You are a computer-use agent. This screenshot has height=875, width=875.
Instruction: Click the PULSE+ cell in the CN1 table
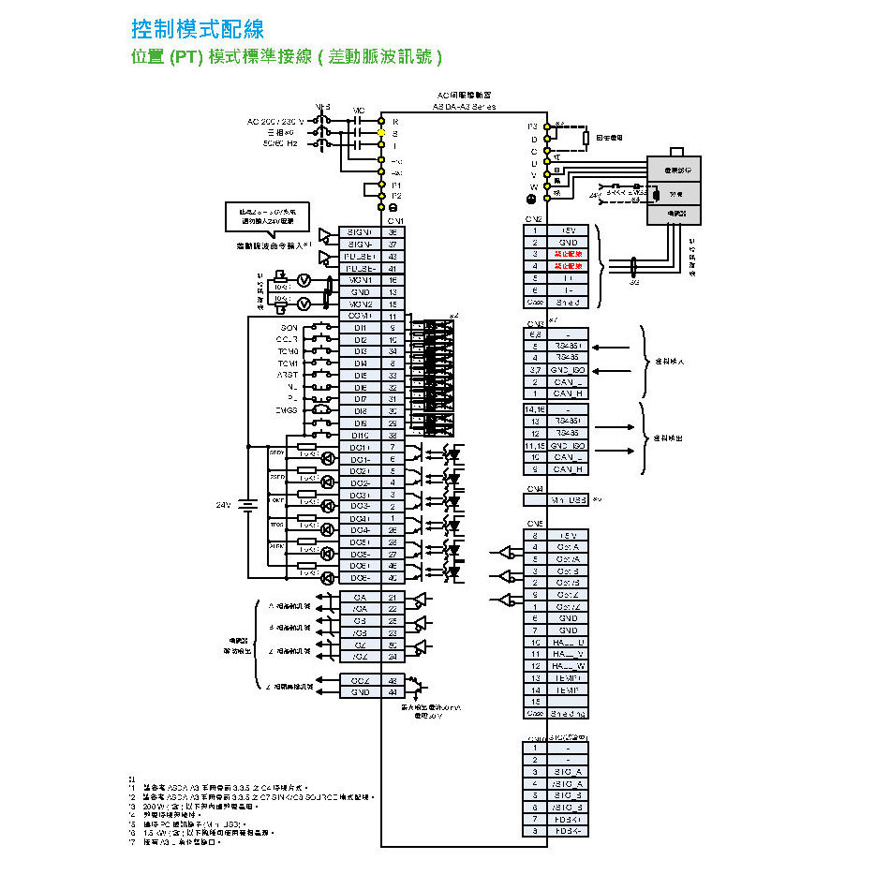(x=360, y=256)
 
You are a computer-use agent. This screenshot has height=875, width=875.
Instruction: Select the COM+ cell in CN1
(x=360, y=317)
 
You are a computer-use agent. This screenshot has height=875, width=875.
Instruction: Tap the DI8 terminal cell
(x=360, y=411)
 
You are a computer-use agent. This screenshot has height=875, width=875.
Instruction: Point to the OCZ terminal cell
(x=360, y=680)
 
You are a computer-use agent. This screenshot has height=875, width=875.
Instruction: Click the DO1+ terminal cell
(x=360, y=447)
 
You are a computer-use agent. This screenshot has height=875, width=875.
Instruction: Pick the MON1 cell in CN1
(x=360, y=280)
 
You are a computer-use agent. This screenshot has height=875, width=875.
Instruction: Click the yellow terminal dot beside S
(x=382, y=134)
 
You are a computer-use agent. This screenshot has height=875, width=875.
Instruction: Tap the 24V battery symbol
(x=247, y=505)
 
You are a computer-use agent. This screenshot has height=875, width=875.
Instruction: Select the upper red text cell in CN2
(x=568, y=254)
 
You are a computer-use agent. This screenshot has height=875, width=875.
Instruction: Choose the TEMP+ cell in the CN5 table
(x=568, y=677)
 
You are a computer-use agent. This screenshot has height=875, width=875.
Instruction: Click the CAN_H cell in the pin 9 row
(x=568, y=469)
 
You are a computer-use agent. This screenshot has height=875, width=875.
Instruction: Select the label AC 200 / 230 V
(x=275, y=122)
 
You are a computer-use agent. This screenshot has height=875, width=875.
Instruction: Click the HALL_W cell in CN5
(x=568, y=666)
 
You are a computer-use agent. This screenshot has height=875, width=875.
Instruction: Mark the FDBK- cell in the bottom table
(x=568, y=831)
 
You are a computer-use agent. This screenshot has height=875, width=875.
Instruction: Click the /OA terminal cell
(x=360, y=609)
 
